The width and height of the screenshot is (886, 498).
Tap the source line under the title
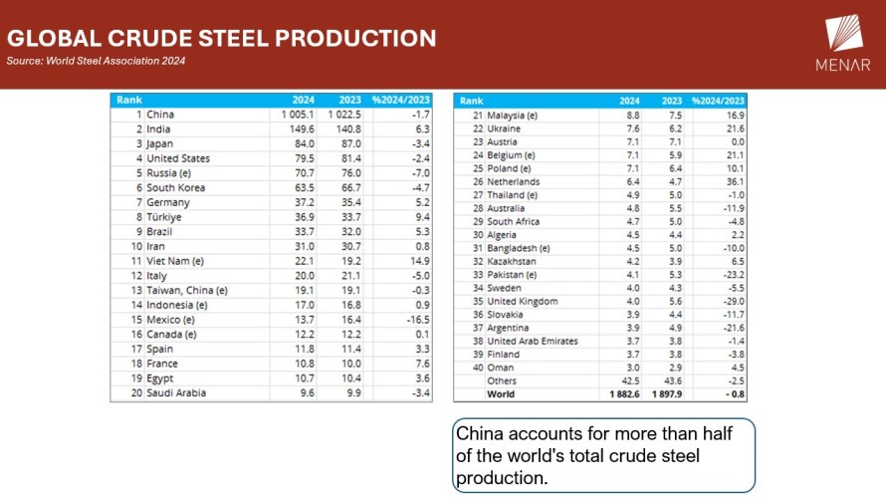[x=96, y=61]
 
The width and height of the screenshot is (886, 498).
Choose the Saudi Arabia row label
[x=176, y=392]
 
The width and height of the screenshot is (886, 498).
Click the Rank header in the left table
[x=129, y=100]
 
